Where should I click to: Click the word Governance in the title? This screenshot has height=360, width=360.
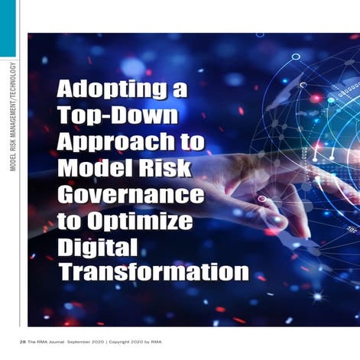coord(131,194)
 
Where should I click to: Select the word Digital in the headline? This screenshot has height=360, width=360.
coord(97,246)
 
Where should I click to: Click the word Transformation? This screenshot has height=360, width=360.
coord(153,272)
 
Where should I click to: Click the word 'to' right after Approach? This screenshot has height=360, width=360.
coord(194,142)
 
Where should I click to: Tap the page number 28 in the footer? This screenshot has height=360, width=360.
coord(23,340)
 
